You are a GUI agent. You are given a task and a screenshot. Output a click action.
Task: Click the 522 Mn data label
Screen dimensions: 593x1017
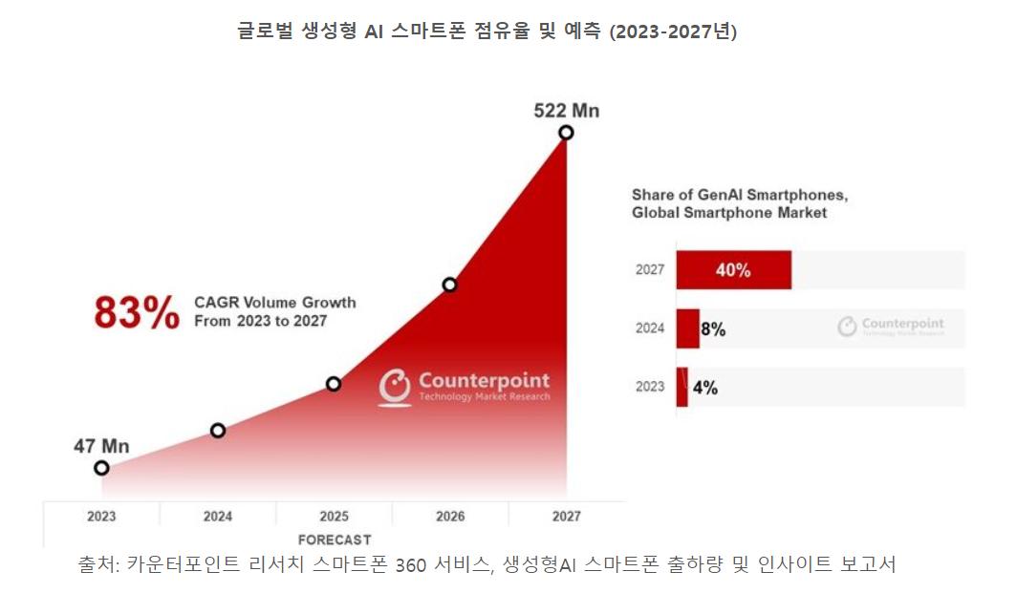click(x=566, y=111)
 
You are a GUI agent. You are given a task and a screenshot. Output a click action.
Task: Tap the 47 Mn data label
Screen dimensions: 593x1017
click(x=101, y=446)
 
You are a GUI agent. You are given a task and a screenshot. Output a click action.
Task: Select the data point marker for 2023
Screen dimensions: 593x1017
click(x=101, y=468)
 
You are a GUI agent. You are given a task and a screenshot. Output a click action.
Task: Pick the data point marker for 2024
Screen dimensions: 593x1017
click(x=218, y=431)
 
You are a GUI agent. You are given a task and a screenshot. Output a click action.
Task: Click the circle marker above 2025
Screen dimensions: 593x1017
click(x=334, y=384)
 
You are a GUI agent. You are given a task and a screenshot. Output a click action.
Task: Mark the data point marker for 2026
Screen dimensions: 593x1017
click(x=449, y=285)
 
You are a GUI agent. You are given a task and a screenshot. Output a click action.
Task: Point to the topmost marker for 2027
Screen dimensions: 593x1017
click(x=566, y=133)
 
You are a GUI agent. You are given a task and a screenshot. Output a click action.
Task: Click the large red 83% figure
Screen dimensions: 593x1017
click(x=137, y=312)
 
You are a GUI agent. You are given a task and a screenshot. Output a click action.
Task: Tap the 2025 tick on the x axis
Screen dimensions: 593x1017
click(x=334, y=517)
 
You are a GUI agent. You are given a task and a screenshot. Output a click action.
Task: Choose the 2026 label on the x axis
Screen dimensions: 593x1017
click(x=450, y=517)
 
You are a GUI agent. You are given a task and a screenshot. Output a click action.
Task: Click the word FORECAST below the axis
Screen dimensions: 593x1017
click(x=335, y=540)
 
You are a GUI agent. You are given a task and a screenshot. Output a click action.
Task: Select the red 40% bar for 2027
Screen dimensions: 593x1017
click(x=733, y=270)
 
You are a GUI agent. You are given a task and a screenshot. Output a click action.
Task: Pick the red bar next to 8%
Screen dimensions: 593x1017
click(x=687, y=328)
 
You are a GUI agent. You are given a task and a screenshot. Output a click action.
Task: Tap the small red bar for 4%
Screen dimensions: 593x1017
click(x=682, y=387)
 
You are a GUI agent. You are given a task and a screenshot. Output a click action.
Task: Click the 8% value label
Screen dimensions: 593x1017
click(x=713, y=329)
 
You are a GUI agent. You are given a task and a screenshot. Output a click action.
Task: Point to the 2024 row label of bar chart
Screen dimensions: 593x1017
click(x=650, y=328)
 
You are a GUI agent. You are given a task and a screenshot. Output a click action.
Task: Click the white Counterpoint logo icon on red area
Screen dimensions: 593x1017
click(x=395, y=386)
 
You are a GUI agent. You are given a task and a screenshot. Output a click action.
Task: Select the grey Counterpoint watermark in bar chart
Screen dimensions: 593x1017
click(x=891, y=326)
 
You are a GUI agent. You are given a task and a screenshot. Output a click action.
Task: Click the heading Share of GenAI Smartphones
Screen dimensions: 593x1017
click(x=740, y=195)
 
